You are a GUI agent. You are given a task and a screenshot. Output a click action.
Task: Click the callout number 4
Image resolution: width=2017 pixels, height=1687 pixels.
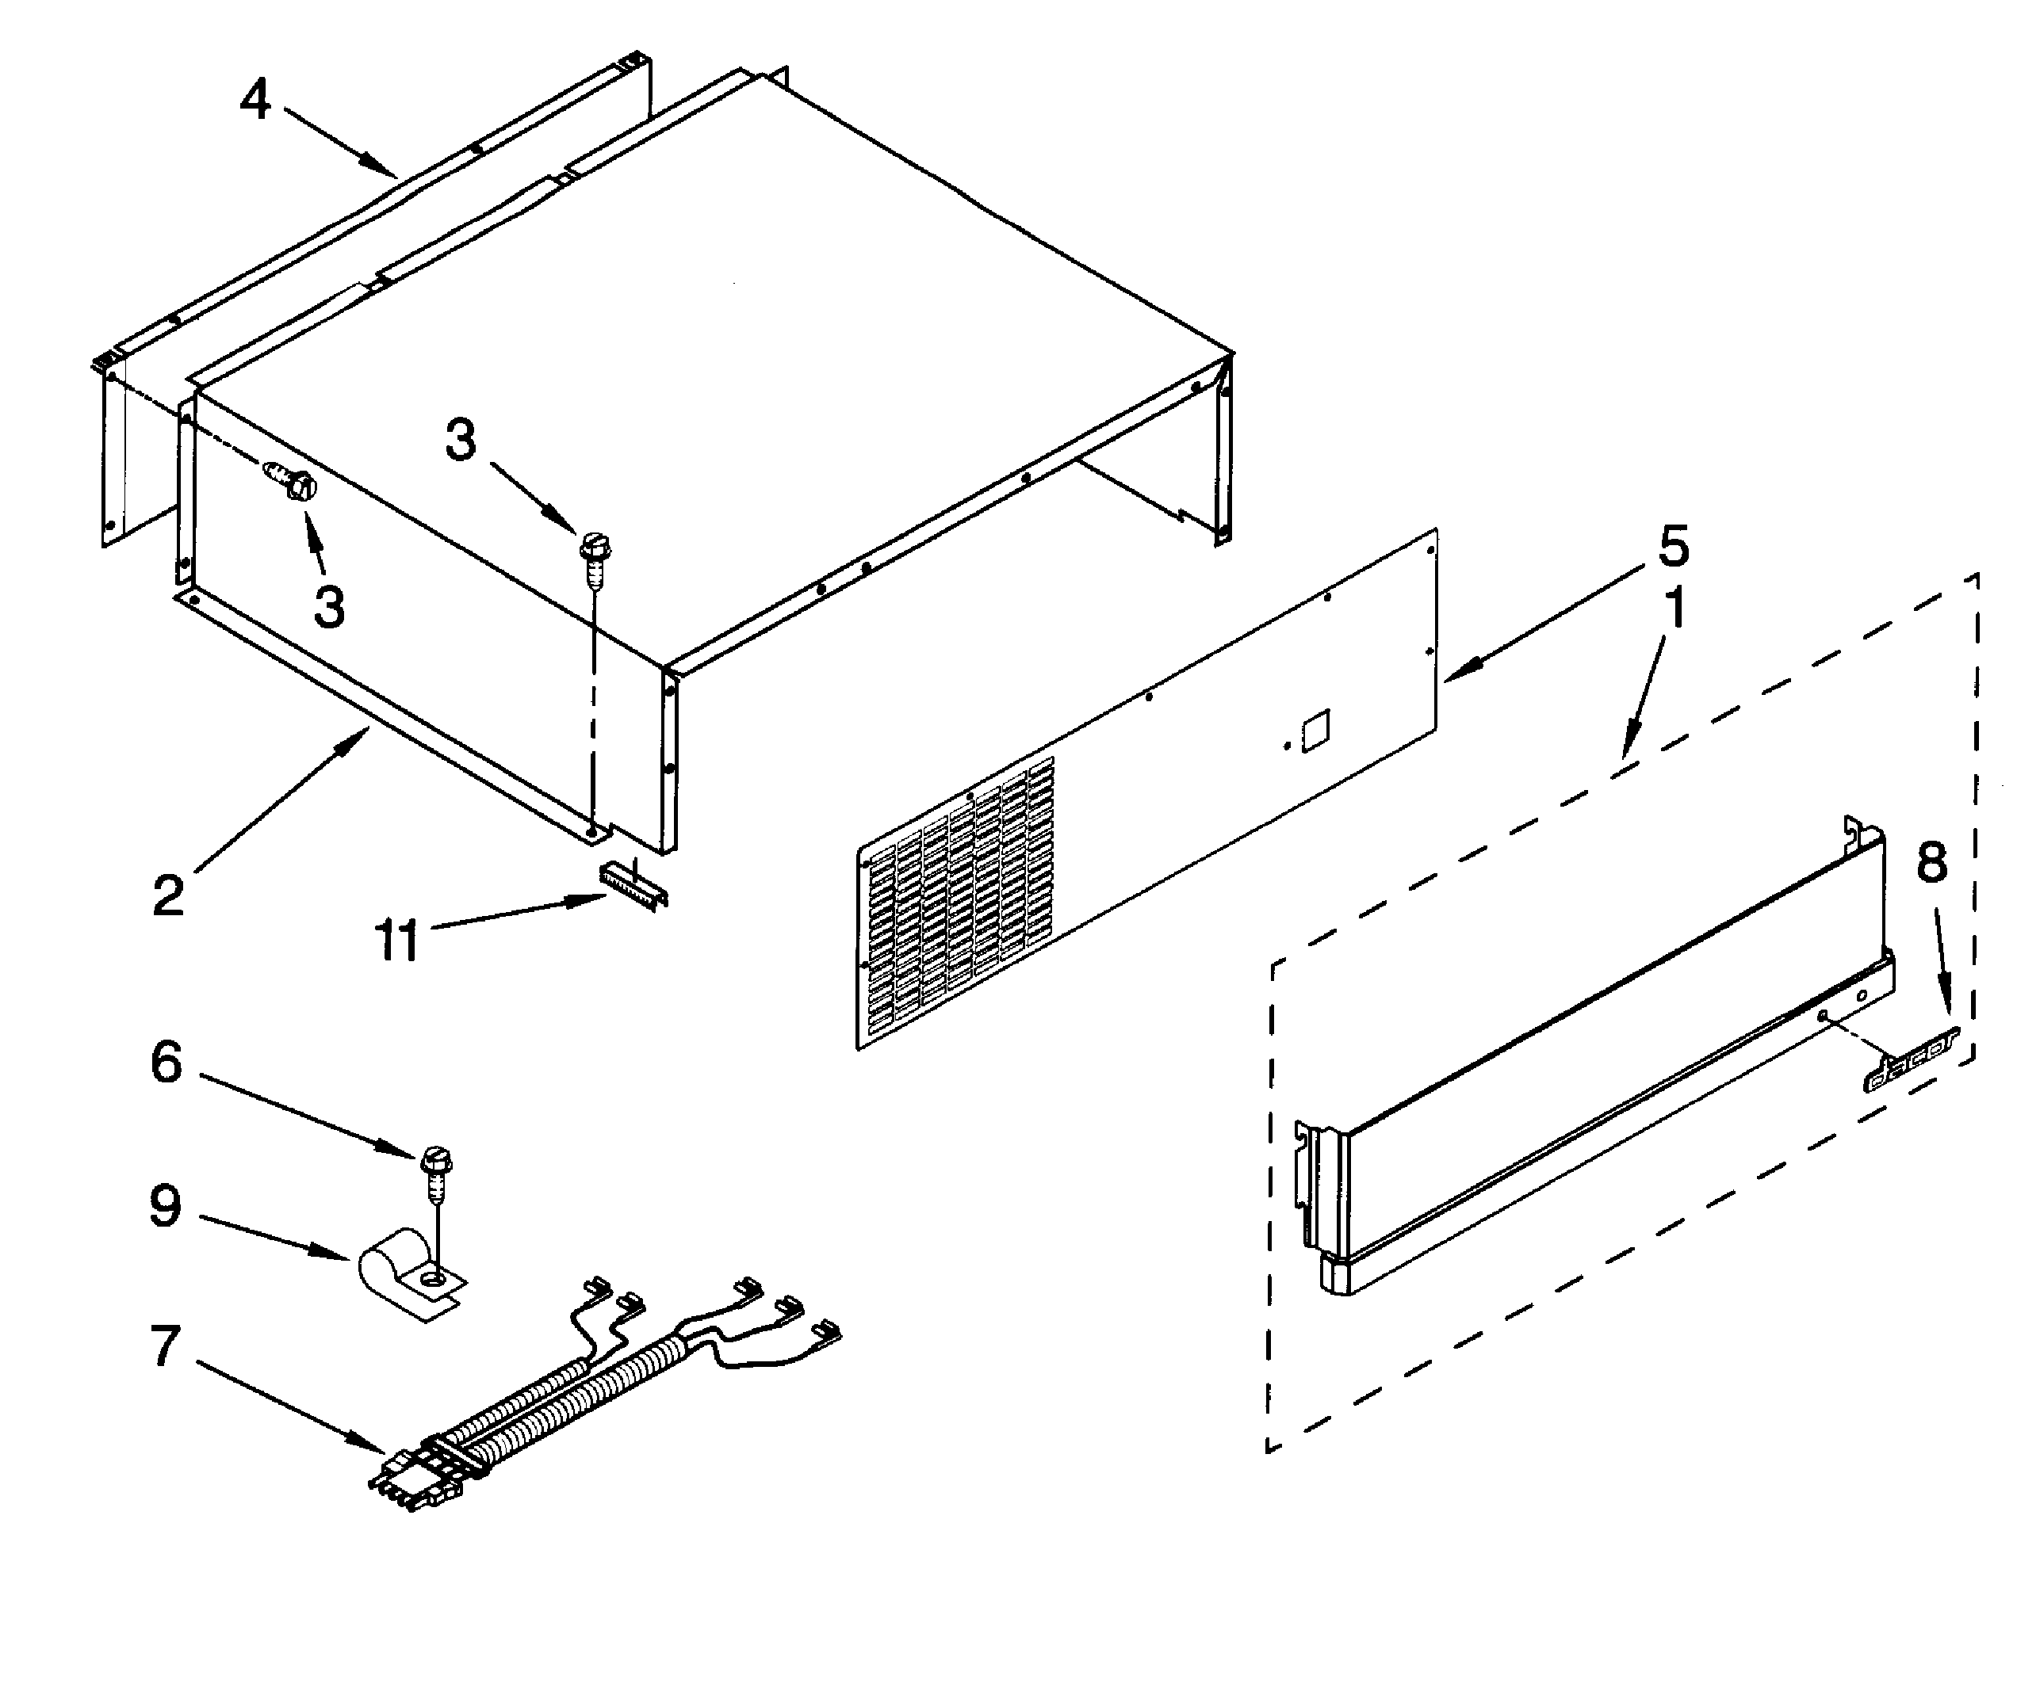coord(255,101)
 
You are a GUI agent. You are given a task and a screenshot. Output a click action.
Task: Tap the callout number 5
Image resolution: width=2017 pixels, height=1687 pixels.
coord(1673,546)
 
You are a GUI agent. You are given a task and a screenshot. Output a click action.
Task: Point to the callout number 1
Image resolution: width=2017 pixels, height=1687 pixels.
coord(1674,609)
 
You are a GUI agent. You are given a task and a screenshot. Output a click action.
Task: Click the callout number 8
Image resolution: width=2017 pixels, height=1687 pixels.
coord(1931,861)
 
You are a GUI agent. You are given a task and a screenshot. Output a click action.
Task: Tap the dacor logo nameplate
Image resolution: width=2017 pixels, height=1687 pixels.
coord(1909,1059)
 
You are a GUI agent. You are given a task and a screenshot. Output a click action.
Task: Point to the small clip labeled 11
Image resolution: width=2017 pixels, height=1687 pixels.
coord(632,881)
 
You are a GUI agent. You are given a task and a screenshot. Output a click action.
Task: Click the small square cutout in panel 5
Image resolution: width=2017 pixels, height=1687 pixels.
coord(1315,731)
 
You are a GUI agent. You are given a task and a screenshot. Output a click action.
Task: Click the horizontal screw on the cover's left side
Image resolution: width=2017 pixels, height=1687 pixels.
coord(291,480)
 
